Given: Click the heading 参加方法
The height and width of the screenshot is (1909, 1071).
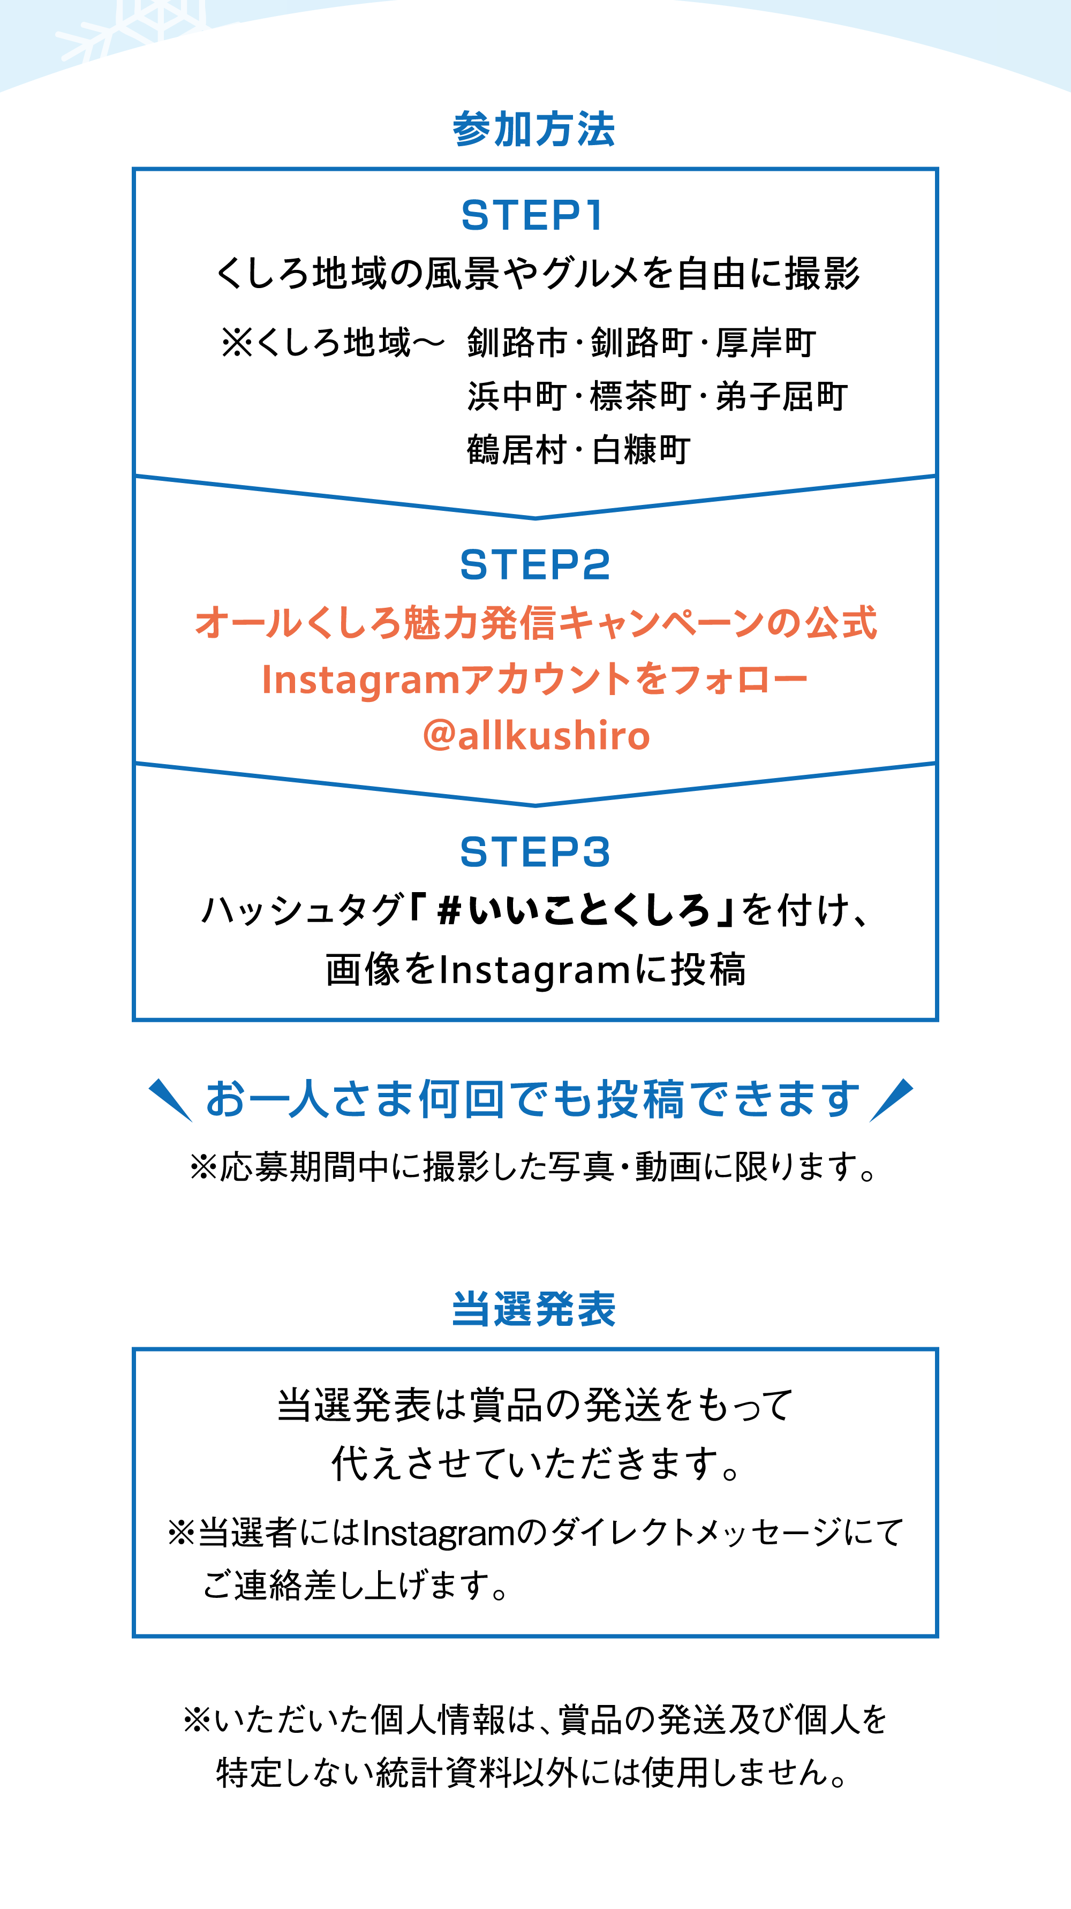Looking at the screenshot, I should point(534,130).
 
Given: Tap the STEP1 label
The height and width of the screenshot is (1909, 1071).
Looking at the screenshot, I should point(533,216).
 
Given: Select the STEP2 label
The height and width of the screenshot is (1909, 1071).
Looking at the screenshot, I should point(535,565).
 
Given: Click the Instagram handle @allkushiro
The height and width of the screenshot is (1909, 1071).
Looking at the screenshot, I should point(536,736).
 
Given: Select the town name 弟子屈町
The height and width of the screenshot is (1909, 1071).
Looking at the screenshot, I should point(781,396).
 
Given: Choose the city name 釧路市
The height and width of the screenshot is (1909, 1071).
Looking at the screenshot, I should point(517,343).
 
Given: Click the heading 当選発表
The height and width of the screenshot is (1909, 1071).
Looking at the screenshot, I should point(534,1309).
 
